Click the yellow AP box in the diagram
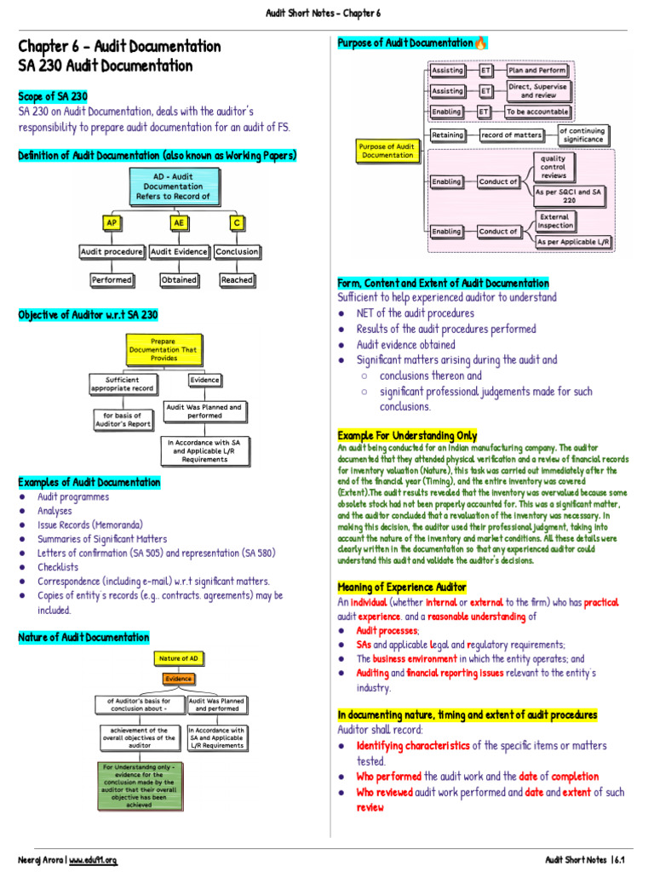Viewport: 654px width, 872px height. click(x=111, y=223)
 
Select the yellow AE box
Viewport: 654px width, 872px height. click(x=178, y=223)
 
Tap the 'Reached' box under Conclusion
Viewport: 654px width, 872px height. click(x=237, y=279)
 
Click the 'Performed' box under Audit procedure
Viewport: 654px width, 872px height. click(x=112, y=279)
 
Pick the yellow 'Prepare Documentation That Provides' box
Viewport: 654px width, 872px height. click(x=163, y=349)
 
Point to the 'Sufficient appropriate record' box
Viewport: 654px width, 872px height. click(x=123, y=384)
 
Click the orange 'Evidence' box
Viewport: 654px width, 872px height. click(x=179, y=679)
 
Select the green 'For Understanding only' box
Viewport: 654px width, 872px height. click(x=139, y=784)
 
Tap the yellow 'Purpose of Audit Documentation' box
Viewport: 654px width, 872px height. click(x=387, y=151)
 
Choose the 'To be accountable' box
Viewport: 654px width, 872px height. click(x=536, y=112)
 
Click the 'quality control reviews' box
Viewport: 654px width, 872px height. click(x=554, y=166)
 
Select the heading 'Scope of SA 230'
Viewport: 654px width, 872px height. click(x=52, y=96)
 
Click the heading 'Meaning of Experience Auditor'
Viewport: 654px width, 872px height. click(x=402, y=587)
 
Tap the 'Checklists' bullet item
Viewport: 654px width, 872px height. click(x=57, y=567)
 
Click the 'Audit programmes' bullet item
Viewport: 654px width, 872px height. click(x=72, y=496)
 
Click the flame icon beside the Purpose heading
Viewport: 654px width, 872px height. click(x=481, y=43)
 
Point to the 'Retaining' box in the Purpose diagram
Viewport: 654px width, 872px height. click(x=448, y=135)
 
